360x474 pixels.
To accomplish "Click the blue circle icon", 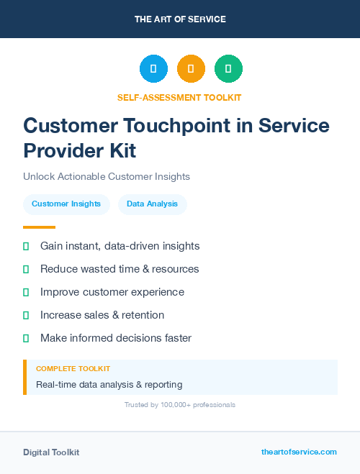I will [x=153, y=68].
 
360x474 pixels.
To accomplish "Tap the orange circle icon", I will [x=191, y=68].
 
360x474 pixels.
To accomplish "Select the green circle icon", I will [x=228, y=68].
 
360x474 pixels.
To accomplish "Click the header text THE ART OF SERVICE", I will [x=180, y=19].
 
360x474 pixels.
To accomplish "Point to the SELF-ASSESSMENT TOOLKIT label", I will [x=179, y=97].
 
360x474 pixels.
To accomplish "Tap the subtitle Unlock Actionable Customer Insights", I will [x=107, y=176].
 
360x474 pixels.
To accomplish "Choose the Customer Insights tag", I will [x=66, y=204].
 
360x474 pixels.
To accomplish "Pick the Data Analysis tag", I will [x=152, y=204].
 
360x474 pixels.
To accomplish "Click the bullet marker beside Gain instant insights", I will [x=26, y=247].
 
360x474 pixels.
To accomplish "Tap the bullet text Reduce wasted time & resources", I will [x=120, y=269].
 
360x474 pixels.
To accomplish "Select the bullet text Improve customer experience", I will [x=112, y=292].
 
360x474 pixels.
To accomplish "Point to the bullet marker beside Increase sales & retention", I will [x=26, y=315].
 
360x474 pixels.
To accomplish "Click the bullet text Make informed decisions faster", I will [x=116, y=338].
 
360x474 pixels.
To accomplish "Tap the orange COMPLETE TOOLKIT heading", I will [x=73, y=368].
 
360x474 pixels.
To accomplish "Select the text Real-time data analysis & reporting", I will [x=109, y=385].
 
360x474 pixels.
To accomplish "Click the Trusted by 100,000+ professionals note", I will [x=180, y=405].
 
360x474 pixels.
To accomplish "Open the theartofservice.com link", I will [x=299, y=452].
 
